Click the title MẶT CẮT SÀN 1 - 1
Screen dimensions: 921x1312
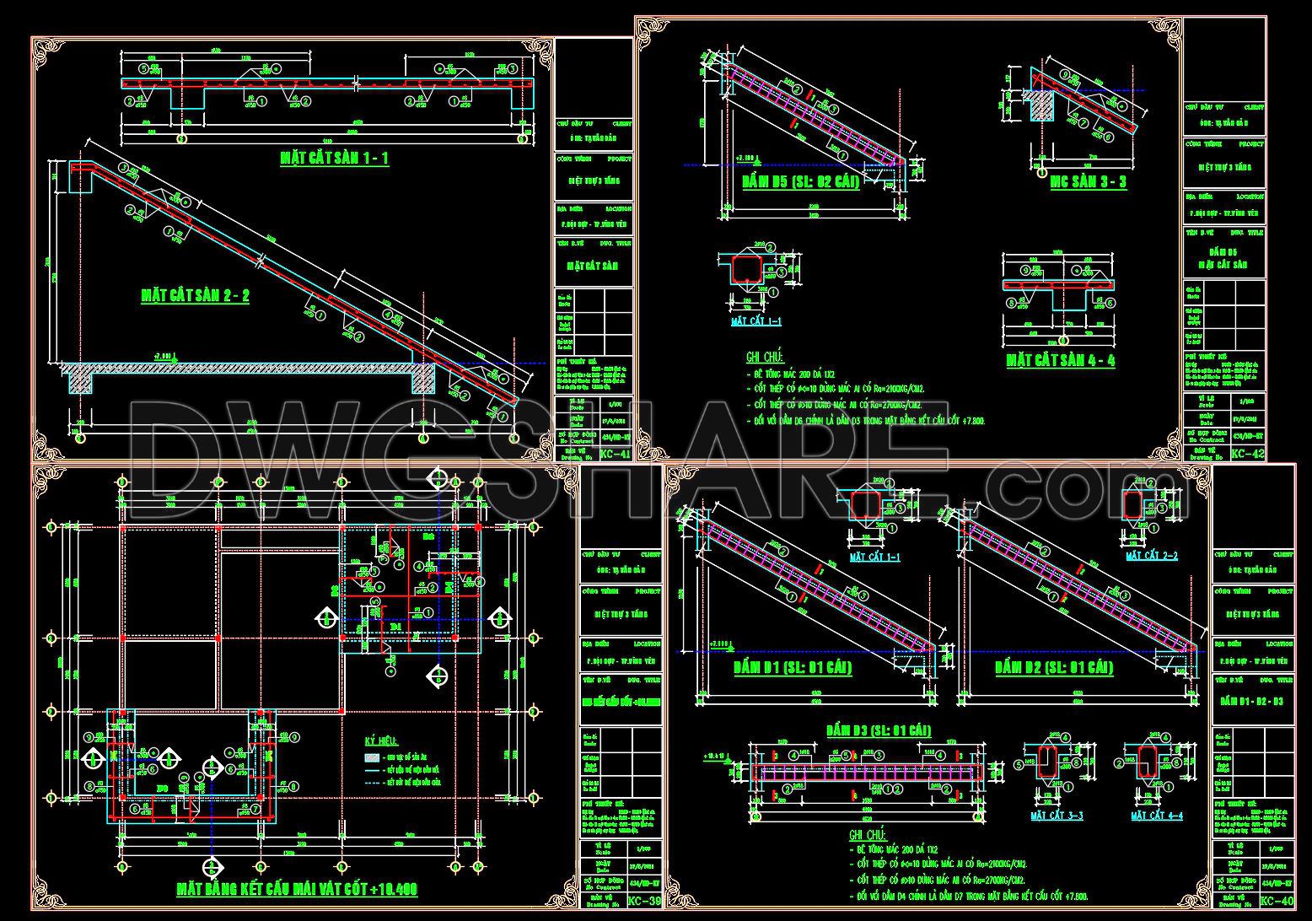click(335, 158)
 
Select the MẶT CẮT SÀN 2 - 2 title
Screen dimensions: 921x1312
click(195, 295)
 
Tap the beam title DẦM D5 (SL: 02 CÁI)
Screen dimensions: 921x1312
click(800, 181)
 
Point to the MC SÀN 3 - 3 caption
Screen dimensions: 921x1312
click(1088, 181)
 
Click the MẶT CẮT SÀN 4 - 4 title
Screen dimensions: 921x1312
click(1061, 360)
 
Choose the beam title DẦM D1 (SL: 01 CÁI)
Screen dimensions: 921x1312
click(792, 667)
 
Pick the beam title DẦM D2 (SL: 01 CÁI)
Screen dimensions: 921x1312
click(1054, 667)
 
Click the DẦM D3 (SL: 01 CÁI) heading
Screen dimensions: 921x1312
click(878, 730)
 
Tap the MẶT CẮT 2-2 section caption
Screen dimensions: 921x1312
click(1152, 556)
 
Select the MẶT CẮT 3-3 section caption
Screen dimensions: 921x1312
click(1057, 816)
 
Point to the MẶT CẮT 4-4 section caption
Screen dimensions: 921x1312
click(1157, 816)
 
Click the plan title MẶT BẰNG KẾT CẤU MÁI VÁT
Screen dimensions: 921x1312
click(297, 889)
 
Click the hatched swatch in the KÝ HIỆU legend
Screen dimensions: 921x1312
click(372, 758)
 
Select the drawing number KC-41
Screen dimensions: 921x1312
click(615, 454)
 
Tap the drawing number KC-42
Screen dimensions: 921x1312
click(1248, 454)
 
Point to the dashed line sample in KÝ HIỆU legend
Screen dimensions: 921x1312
click(372, 784)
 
